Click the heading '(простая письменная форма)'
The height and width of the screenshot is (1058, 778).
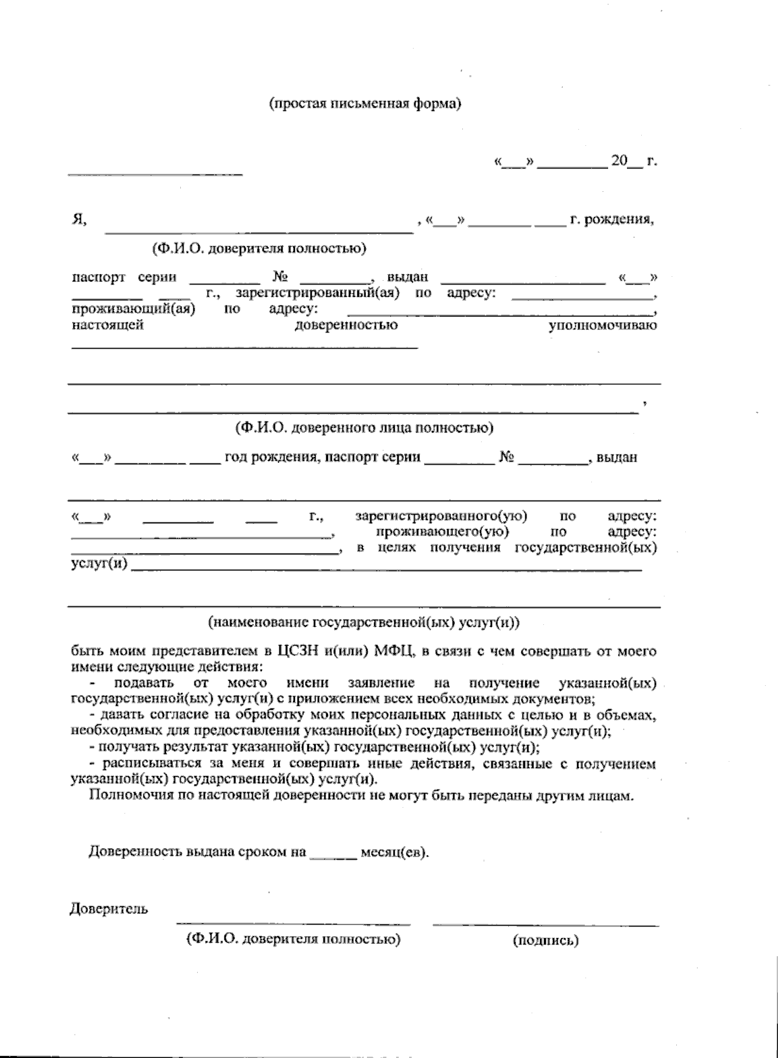365,104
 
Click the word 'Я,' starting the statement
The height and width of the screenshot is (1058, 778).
80,220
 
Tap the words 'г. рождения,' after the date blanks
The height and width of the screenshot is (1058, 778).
611,220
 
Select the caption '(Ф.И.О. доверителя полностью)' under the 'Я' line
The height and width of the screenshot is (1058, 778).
259,248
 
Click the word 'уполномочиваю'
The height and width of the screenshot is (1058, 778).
602,325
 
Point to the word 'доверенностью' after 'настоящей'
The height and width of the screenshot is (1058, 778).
346,325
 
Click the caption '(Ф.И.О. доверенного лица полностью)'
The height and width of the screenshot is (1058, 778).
364,428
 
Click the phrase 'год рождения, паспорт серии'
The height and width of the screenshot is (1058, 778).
322,458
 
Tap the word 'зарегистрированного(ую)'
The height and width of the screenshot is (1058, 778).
441,517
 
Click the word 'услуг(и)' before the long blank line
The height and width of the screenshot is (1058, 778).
99,564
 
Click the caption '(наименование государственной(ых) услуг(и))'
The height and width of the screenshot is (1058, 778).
364,623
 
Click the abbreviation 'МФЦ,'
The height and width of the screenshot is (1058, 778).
394,652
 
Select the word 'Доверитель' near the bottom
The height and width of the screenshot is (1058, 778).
109,909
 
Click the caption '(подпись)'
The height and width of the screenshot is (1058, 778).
545,941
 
